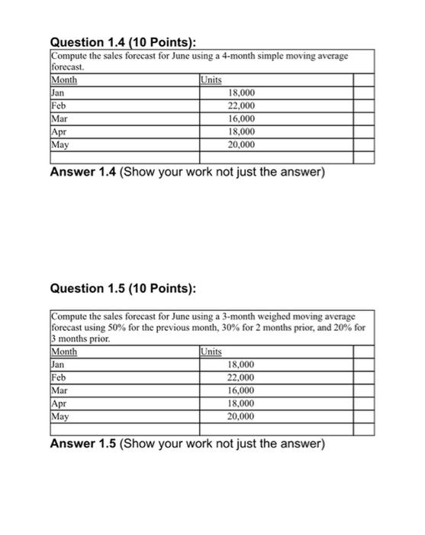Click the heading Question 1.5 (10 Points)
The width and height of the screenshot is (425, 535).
(122, 288)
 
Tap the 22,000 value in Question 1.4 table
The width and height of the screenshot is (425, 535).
(242, 105)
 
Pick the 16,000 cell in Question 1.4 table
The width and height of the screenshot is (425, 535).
(242, 118)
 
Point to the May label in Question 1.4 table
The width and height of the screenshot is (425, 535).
(60, 144)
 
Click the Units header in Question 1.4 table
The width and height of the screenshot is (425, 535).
(211, 79)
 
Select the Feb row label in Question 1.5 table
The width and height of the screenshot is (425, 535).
(59, 378)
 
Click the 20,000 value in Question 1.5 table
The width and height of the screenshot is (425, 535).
(242, 417)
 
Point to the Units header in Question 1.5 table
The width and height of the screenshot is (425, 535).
(211, 352)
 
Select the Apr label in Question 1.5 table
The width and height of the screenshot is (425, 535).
(59, 404)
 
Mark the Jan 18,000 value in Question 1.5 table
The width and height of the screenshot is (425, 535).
(242, 365)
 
